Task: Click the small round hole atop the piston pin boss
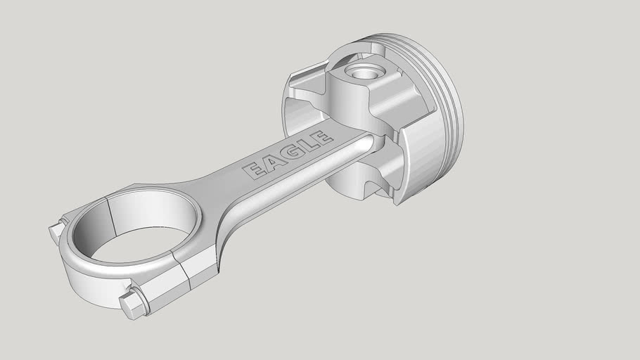(364, 72)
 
